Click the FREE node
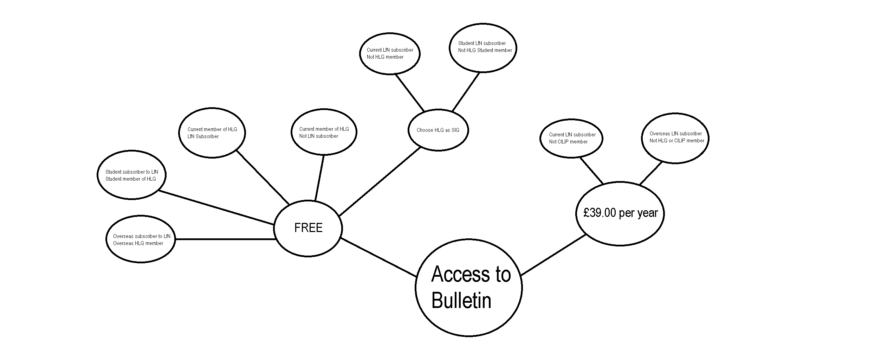coord(308,228)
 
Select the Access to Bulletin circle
coord(468,288)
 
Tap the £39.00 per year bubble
coord(620,213)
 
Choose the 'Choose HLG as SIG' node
coord(438,130)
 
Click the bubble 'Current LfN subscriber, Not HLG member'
coord(390,53)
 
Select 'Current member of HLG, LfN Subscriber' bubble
coord(212,133)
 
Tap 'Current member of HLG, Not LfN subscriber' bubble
coord(324,132)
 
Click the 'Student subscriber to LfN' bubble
coord(131,175)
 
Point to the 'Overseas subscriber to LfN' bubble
coord(141,239)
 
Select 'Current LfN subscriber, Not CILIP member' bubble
coord(571,138)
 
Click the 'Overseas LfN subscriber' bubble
coord(675,138)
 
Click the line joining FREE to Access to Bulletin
coord(378,258)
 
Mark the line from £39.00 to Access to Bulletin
coord(553,255)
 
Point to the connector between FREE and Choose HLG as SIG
coord(380,181)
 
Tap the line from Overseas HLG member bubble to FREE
coord(225,239)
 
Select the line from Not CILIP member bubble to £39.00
coord(591,171)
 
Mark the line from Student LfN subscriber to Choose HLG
coord(466,92)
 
